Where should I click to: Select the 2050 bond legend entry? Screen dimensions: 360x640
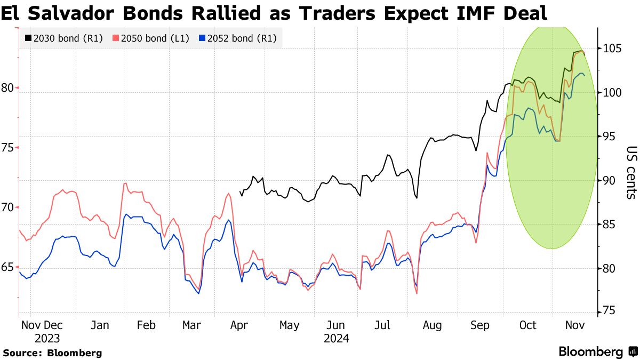click(x=151, y=38)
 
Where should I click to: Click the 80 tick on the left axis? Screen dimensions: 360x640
click(x=7, y=88)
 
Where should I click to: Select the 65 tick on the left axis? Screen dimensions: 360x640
click(x=7, y=267)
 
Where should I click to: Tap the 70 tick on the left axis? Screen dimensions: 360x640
click(x=7, y=207)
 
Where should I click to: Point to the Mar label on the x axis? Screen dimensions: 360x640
click(x=191, y=325)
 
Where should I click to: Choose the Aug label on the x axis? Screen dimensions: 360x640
click(x=432, y=325)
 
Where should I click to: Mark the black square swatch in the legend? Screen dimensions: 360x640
click(x=28, y=38)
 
